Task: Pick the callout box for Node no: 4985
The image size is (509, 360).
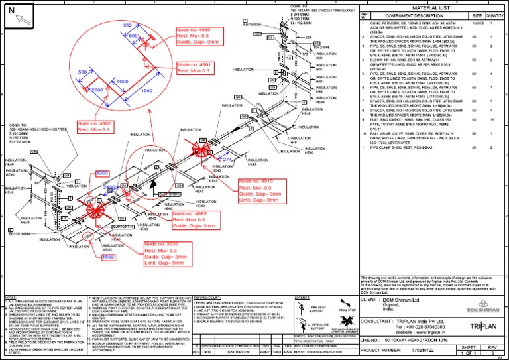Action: click(x=194, y=220)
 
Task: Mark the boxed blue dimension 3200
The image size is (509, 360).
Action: click(x=102, y=172)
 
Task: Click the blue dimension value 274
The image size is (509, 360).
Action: click(x=227, y=160)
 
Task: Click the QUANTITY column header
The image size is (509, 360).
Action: click(x=494, y=15)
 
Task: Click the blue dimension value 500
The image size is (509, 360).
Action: click(x=83, y=70)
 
